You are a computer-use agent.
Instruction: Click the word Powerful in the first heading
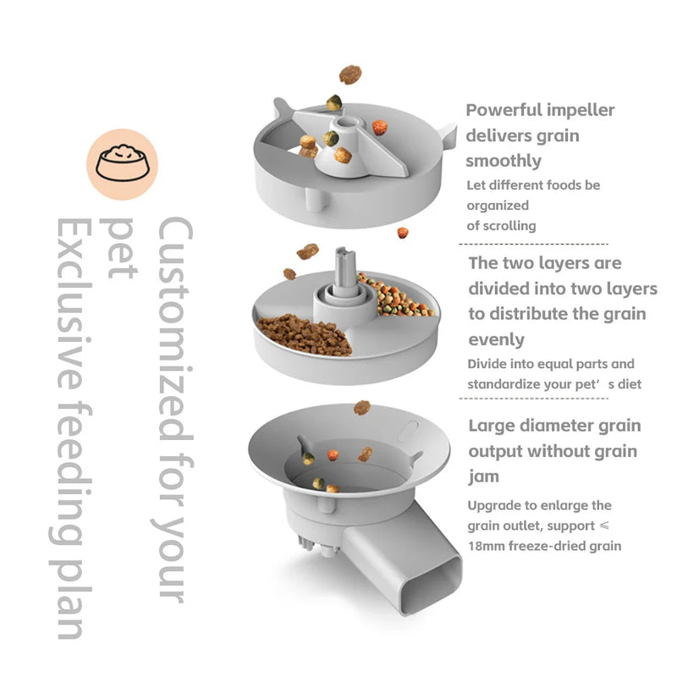pyautogui.click(x=506, y=110)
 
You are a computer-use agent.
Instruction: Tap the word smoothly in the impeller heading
pyautogui.click(x=504, y=161)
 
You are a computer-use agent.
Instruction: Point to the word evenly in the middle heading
pyautogui.click(x=497, y=340)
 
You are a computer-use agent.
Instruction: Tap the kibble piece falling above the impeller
pyautogui.click(x=350, y=75)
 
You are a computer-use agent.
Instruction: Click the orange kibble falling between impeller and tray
pyautogui.click(x=403, y=232)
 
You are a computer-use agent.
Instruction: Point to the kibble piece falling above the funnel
pyautogui.click(x=362, y=407)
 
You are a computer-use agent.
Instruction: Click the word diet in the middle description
pyautogui.click(x=628, y=385)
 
